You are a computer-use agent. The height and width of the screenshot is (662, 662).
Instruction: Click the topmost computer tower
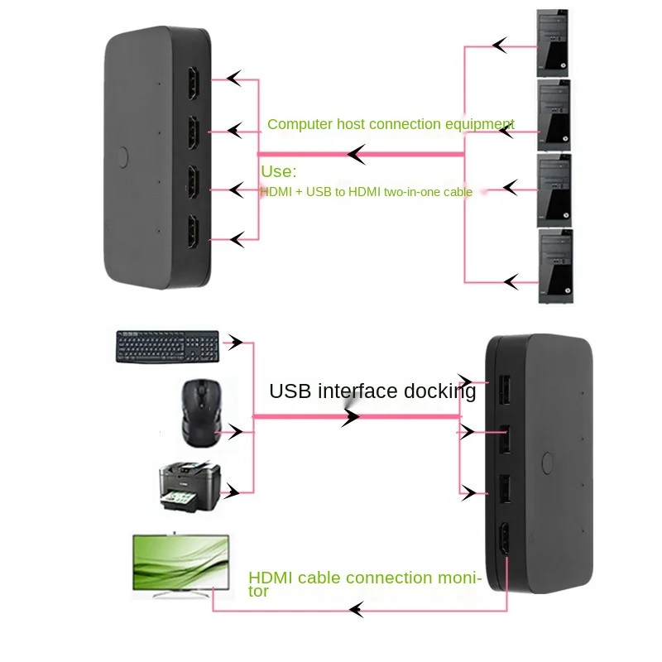pos(554,42)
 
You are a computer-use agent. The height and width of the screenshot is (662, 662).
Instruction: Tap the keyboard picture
pos(168,346)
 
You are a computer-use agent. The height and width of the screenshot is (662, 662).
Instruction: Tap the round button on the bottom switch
pos(545,461)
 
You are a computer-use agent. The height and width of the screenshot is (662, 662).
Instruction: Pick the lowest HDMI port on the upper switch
pos(192,231)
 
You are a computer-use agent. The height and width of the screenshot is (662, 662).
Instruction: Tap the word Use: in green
pos(278,171)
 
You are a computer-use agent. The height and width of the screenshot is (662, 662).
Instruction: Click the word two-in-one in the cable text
pos(405,192)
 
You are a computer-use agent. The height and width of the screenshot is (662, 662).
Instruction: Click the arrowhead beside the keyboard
pos(237,342)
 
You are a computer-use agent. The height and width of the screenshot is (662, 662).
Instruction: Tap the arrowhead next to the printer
pos(237,491)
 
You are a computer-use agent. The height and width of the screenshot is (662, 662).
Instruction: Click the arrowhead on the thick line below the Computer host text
pos(357,154)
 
